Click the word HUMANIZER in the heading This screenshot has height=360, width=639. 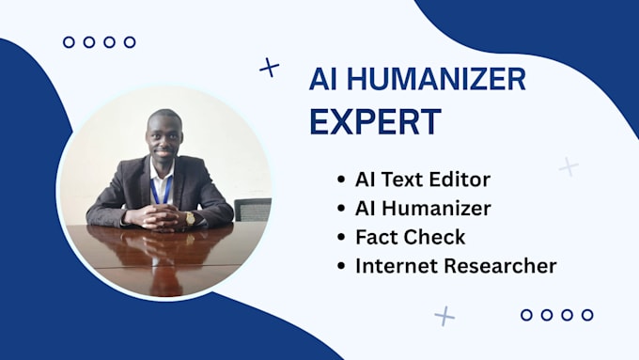(x=436, y=79)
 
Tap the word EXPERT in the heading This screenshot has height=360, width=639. (x=375, y=121)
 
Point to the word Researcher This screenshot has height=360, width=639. (x=500, y=266)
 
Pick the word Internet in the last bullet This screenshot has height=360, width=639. (x=397, y=266)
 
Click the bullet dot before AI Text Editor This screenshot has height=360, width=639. (x=341, y=180)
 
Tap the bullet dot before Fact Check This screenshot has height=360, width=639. (x=341, y=237)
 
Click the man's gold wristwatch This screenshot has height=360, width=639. (x=190, y=219)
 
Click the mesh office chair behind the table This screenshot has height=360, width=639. (x=253, y=210)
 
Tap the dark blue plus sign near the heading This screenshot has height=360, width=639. (x=270, y=68)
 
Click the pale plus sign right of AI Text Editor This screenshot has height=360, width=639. (x=569, y=166)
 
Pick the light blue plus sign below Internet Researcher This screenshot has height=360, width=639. (x=444, y=316)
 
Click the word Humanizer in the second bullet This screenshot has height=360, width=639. (x=436, y=209)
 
